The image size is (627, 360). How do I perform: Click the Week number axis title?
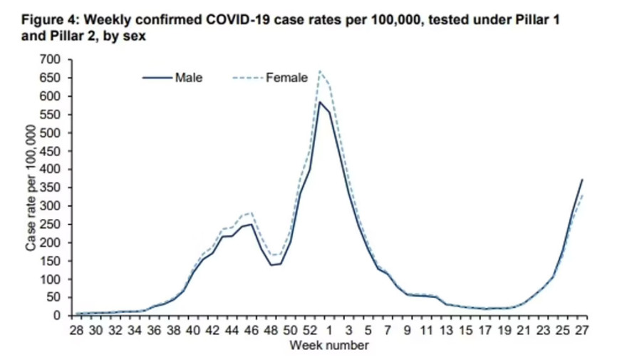click(x=328, y=346)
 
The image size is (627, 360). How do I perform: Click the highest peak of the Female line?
click(x=319, y=71)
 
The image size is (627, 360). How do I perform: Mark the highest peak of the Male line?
click(x=319, y=102)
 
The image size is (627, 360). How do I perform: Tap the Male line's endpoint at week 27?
click(x=582, y=180)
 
